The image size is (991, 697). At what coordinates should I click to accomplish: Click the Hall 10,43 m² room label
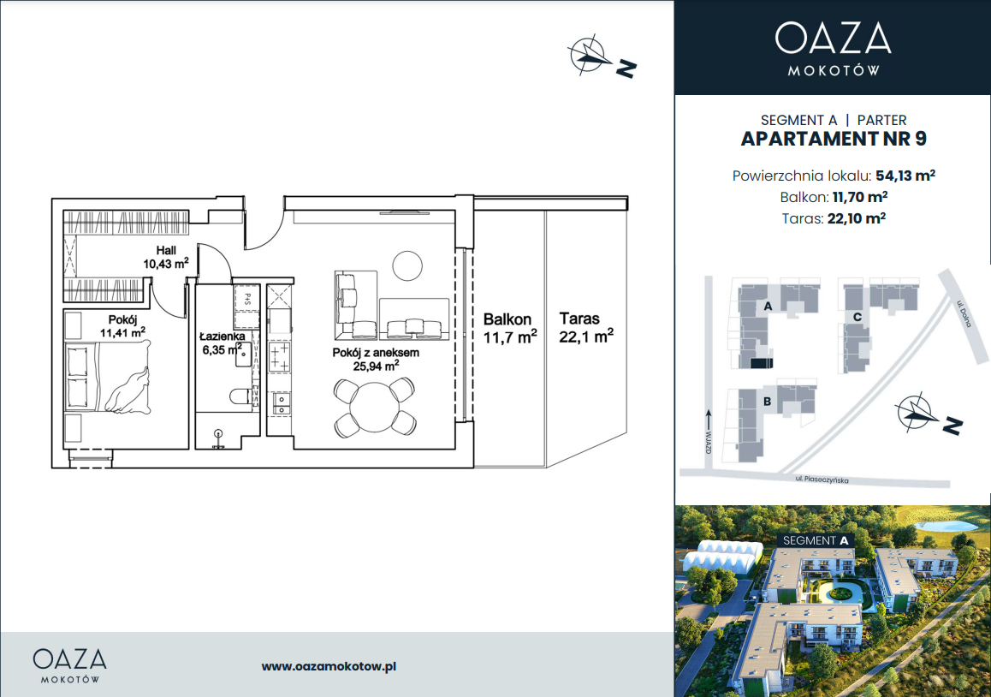pos(165,258)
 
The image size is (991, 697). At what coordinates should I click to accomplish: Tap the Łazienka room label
pos(223,337)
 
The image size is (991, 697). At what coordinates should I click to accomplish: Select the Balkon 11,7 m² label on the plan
pos(510,328)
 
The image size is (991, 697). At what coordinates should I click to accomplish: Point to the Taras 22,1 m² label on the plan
pos(586,328)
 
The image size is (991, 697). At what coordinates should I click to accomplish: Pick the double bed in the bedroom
pos(108,378)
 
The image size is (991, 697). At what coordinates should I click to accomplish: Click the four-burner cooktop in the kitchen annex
pos(279,357)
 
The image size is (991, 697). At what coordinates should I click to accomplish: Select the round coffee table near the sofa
pos(407,265)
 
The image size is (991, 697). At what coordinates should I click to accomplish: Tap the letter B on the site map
pos(767,402)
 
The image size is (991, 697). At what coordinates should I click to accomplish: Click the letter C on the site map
pos(857,317)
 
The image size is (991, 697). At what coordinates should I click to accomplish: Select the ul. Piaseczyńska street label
pos(822,480)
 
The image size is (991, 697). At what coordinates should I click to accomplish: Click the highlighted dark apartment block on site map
pos(761,362)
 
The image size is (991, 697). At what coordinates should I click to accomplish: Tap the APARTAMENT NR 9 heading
pos(833,140)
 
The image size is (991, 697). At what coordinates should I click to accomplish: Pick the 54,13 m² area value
pos(905,176)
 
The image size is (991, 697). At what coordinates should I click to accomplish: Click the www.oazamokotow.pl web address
pos(329,666)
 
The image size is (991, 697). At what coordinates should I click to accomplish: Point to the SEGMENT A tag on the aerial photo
pos(816,541)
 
